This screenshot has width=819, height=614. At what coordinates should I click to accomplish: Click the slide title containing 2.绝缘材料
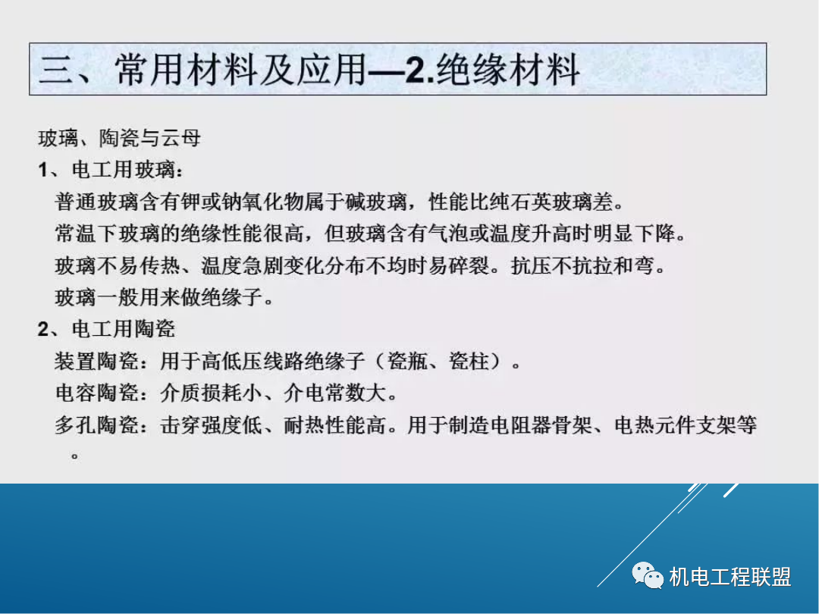pos(309,70)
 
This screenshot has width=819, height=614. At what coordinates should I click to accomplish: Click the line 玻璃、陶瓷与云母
pos(119,139)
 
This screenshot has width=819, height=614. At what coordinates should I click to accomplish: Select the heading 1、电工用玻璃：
pos(111,171)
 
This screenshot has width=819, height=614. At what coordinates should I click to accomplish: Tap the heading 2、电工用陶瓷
pos(106,328)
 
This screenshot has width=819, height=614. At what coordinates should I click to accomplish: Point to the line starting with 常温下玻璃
pos(370,234)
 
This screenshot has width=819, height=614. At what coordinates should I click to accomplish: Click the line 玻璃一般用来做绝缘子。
pos(164,297)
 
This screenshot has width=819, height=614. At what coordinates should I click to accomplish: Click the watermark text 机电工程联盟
pos(730,577)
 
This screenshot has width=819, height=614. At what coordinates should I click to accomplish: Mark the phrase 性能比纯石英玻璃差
pos(516,203)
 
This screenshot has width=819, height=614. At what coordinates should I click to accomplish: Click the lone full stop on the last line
pos(74,456)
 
